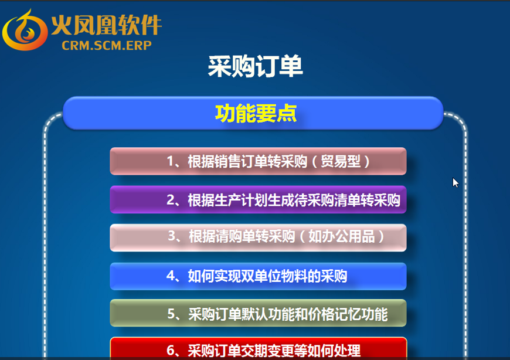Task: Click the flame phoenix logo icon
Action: [x=25, y=30]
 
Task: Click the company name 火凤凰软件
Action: [x=106, y=25]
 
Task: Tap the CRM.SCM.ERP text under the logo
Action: [x=107, y=46]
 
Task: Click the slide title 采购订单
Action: [x=256, y=66]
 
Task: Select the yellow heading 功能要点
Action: [x=256, y=114]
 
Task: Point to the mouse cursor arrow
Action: [x=455, y=182]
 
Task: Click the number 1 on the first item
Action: [x=171, y=161]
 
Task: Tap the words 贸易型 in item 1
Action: [x=341, y=161]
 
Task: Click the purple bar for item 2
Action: [x=259, y=199]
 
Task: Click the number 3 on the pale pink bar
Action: [x=172, y=236]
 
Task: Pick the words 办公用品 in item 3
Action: [x=342, y=236]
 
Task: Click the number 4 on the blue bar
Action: [x=171, y=276]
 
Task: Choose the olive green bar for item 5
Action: [x=259, y=313]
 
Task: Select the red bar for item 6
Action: [x=259, y=348]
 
